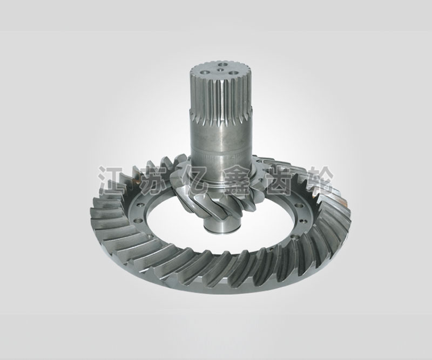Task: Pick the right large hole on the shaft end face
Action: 233,73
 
